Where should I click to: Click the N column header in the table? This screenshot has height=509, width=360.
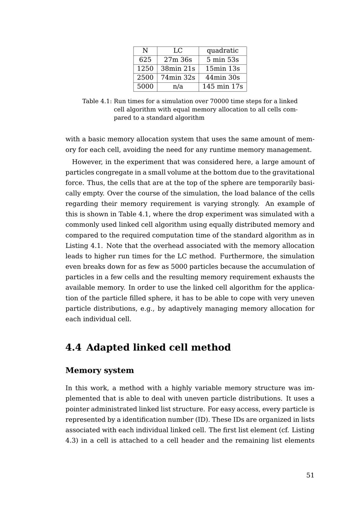coord(145,51)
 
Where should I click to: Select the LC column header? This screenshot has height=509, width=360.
coord(178,51)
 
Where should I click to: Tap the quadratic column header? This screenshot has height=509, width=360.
coord(222,51)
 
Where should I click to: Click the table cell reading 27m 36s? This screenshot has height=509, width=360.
coord(178,60)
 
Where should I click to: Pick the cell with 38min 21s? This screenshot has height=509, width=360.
coord(178,69)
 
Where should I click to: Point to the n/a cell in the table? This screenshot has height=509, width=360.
coord(178,87)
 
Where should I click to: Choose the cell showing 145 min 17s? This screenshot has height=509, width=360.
coord(222,87)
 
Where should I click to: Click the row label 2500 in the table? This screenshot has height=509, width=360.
coord(145,78)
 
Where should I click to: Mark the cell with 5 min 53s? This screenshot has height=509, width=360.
coord(222,60)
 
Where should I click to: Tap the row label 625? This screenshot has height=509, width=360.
coord(145,60)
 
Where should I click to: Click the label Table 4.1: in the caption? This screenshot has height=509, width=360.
coord(97,101)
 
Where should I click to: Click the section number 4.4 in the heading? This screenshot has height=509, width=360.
coord(73,348)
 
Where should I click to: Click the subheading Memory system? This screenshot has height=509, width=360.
coord(100,370)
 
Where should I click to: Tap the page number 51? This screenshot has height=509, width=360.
coord(310,475)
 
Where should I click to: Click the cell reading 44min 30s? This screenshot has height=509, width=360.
coord(222,78)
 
